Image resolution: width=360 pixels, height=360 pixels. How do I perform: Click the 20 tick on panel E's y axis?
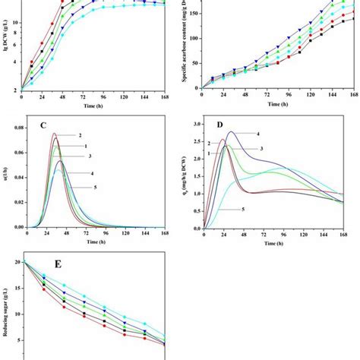[16, 262]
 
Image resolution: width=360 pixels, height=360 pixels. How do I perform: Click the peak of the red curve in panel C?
[55, 134]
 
